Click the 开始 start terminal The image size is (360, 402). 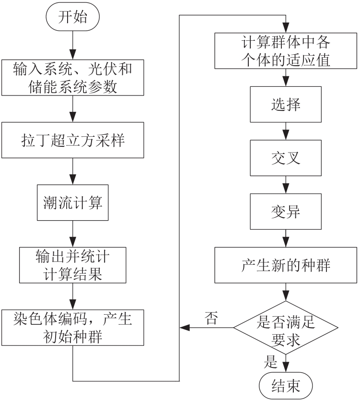click(x=72, y=18)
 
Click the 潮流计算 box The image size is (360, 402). click(x=72, y=203)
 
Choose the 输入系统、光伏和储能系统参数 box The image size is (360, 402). click(x=72, y=78)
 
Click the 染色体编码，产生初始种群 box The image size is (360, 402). click(x=72, y=328)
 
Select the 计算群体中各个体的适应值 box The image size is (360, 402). click(x=286, y=51)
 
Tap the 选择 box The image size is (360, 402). click(x=286, y=105)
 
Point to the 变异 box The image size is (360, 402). click(x=286, y=212)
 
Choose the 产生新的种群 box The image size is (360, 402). click(x=286, y=265)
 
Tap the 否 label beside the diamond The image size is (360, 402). click(x=211, y=318)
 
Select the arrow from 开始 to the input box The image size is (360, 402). click(x=72, y=46)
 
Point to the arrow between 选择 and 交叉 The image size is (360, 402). click(x=286, y=132)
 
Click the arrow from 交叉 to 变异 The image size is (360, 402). click(x=286, y=185)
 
